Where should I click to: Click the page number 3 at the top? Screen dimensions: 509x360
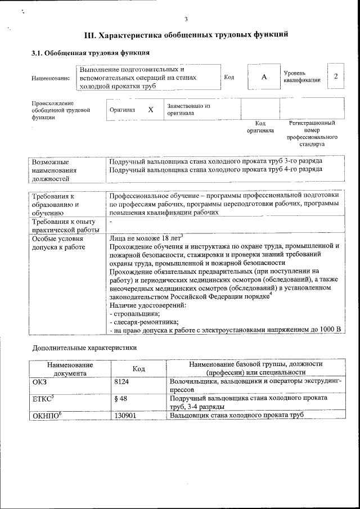pyautogui.click(x=185, y=20)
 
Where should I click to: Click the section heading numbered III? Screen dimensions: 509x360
pyautogui.click(x=186, y=35)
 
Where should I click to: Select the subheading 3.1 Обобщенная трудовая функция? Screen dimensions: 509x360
pyautogui.click(x=89, y=53)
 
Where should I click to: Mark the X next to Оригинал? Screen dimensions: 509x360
pyautogui.click(x=150, y=110)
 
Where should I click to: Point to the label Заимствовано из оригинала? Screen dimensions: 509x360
pyautogui.click(x=188, y=109)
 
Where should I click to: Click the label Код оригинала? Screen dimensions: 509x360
pyautogui.click(x=260, y=127)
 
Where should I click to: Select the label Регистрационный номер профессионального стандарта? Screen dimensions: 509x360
pyautogui.click(x=312, y=133)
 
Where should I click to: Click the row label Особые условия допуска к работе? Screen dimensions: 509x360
pyautogui.click(x=58, y=242)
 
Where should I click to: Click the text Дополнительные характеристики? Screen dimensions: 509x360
pyautogui.click(x=84, y=348)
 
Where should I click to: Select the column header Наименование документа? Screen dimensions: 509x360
pyautogui.click(x=70, y=368)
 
